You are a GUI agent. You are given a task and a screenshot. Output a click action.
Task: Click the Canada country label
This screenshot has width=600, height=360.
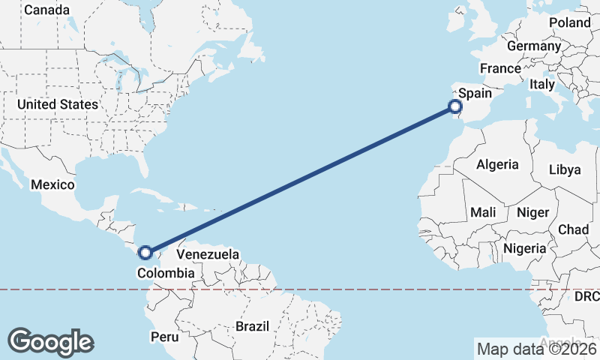tap(46, 10)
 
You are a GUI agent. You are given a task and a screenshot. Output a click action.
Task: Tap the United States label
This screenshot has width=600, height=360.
tap(58, 104)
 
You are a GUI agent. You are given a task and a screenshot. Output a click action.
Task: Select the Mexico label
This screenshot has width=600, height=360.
tap(52, 184)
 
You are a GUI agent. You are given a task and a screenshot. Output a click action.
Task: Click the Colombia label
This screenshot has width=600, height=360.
tap(165, 274)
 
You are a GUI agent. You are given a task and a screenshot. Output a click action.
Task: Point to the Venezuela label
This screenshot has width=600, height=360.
tap(208, 254)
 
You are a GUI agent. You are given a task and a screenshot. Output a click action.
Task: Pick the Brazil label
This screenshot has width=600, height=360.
tap(252, 327)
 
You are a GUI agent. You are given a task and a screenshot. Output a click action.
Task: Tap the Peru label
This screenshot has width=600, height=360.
tap(163, 337)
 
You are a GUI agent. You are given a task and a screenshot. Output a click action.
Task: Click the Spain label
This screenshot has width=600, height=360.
tap(475, 94)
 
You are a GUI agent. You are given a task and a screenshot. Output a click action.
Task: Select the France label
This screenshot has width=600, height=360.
tap(500, 68)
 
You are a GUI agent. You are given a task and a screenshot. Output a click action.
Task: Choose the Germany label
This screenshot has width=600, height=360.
tap(534, 46)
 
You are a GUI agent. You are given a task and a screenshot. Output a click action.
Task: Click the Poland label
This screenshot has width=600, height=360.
tap(570, 22)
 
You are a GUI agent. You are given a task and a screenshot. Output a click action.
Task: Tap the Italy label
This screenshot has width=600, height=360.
tap(541, 85)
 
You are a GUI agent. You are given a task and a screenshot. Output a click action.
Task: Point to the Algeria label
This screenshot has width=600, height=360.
tap(497, 164)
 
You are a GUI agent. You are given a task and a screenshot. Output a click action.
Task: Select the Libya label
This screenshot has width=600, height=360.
tap(565, 169)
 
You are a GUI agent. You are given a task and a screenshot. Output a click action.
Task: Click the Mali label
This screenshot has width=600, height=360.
tap(484, 213)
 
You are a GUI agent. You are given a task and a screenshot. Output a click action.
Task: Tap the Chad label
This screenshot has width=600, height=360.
tap(573, 229)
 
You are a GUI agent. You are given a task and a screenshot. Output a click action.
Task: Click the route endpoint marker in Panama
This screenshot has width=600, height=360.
tap(145, 253)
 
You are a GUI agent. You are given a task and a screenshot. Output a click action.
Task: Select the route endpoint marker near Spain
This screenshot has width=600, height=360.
tap(455, 106)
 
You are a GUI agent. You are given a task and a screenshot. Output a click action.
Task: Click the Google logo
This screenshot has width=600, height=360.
tap(50, 342)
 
